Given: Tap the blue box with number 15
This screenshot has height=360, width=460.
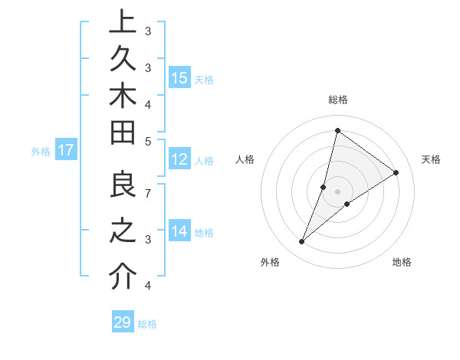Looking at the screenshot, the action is (x=179, y=77).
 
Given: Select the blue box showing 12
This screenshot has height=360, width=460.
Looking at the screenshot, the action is (x=179, y=159).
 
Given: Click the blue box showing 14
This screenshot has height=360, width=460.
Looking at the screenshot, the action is (x=179, y=231).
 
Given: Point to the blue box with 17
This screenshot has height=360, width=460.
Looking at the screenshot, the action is (x=65, y=150).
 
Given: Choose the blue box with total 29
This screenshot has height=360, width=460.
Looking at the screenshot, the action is (x=122, y=322).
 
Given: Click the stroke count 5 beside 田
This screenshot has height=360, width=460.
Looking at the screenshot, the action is (x=147, y=141).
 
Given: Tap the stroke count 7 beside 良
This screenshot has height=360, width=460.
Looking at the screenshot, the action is (x=147, y=193).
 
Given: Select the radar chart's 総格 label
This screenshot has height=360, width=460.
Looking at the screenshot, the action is (x=338, y=100).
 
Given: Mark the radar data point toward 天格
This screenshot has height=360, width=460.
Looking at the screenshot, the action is (x=396, y=172).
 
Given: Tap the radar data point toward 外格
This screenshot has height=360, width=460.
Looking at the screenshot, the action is (x=302, y=242).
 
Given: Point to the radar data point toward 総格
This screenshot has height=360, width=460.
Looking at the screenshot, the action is (x=337, y=130).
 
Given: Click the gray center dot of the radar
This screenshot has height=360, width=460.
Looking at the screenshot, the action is (x=337, y=191).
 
